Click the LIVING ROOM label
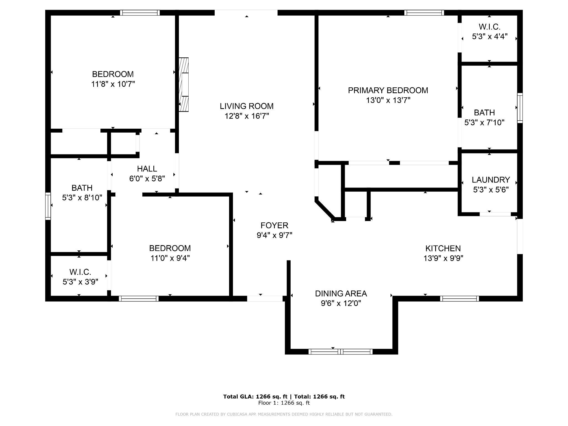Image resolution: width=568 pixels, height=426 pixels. coord(247,106)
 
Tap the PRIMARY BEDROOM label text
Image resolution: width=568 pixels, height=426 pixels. coord(388,90)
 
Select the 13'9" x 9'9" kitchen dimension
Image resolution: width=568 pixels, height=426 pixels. coord(443,258)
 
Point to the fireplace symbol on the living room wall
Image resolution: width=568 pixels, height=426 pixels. coord(184,85)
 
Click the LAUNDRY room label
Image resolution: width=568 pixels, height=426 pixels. coord(491,180)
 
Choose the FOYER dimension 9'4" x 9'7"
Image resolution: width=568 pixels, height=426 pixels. coord(274,235)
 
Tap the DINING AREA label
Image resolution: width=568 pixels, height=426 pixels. coord(341,293)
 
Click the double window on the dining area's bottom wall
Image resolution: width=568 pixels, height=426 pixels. coord(341,352)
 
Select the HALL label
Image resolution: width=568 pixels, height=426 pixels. coord(147,169)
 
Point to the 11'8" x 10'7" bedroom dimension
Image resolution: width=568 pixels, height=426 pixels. coord(113,84)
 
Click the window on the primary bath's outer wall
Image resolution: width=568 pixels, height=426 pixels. coord(520,108)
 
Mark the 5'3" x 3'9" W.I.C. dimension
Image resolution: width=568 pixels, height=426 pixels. coord(80,282)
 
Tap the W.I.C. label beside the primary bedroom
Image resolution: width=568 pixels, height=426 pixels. coord(490,27)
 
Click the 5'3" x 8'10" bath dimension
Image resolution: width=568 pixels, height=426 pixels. coord(82,198)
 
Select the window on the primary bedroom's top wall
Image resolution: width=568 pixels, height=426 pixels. coord(424,12)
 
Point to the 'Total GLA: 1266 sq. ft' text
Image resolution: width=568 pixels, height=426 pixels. coord(256,397)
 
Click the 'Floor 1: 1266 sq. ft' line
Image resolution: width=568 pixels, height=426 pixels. coord(284,403)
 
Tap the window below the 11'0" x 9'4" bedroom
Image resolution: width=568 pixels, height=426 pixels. coord(139,298)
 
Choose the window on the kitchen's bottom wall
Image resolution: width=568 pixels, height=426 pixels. coord(460,298)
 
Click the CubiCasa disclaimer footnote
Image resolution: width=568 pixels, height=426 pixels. coord(284,414)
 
